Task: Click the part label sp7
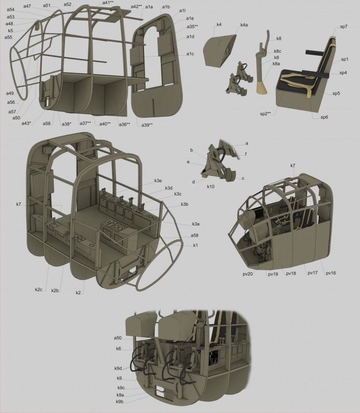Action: click(344, 27)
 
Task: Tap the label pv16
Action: click(331, 273)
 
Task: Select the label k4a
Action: click(244, 25)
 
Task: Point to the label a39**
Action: click(147, 125)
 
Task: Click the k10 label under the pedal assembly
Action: click(211, 187)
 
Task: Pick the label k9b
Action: click(120, 402)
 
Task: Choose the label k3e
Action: click(158, 181)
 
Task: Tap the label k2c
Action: click(39, 290)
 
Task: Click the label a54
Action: click(11, 10)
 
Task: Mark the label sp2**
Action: click(266, 114)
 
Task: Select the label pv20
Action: click(248, 274)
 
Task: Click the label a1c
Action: click(190, 54)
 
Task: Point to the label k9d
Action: click(118, 368)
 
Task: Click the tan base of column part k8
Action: click(262, 88)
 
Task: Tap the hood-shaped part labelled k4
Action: click(219, 50)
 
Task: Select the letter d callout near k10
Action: click(194, 182)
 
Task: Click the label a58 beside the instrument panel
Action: click(194, 235)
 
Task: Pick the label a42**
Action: click(137, 7)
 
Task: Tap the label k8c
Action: click(278, 51)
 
